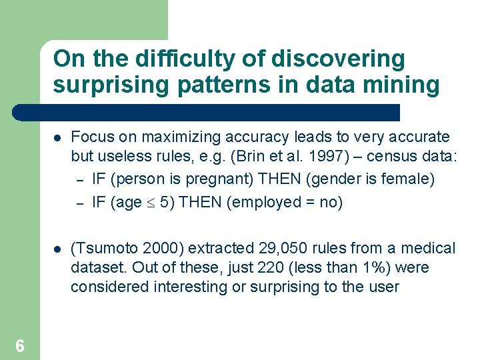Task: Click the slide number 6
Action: click(x=20, y=345)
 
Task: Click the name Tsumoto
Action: click(x=105, y=249)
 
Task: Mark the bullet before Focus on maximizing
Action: click(x=58, y=138)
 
